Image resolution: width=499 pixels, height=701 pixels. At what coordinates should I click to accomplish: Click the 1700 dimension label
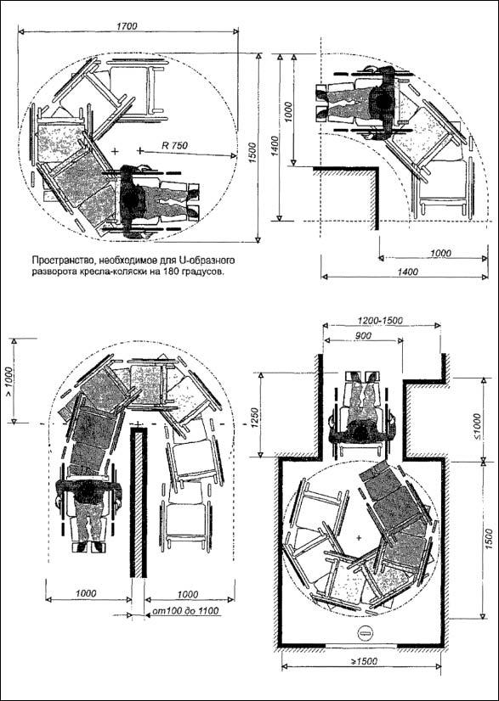(127, 26)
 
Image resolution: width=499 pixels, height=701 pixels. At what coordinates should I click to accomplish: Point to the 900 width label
(362, 335)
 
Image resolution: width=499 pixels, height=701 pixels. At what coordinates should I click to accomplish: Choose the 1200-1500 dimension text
(381, 321)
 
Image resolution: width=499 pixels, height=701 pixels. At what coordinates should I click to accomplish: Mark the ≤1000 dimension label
(477, 427)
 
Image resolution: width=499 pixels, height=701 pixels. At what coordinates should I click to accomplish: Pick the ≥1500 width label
(363, 661)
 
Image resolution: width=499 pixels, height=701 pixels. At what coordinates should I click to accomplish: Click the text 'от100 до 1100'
(186, 611)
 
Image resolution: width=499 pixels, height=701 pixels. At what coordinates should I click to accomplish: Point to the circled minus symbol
(364, 631)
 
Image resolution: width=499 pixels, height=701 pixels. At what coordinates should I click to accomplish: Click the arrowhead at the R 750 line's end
(234, 155)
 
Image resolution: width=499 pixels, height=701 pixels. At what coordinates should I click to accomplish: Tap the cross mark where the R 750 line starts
(140, 151)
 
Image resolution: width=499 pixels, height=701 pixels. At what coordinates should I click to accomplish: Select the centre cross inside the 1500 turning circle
(358, 538)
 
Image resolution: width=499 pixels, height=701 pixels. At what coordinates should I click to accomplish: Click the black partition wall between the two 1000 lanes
(139, 502)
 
